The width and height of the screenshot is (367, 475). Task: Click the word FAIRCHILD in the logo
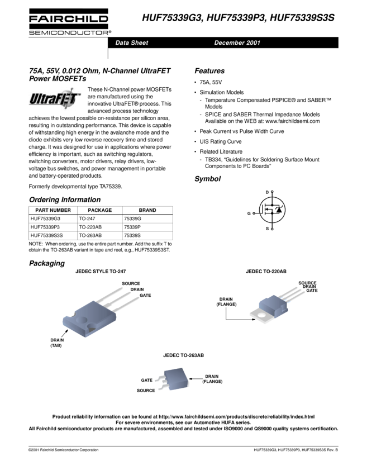[69, 18]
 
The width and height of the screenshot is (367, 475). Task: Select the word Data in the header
[122, 43]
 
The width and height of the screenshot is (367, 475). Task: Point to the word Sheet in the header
[140, 43]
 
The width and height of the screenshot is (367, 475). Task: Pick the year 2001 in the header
[253, 43]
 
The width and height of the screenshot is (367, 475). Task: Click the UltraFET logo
[55, 99]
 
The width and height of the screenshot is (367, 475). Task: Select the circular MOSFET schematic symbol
[272, 210]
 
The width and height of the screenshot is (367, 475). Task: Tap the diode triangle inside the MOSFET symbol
[279, 210]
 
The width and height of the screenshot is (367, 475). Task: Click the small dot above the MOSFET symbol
[272, 192]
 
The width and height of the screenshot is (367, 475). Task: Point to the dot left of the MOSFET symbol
[254, 213]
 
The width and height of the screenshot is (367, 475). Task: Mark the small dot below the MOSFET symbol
[272, 229]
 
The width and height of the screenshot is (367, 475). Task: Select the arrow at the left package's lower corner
[65, 333]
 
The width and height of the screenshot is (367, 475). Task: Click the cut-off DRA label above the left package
[135, 289]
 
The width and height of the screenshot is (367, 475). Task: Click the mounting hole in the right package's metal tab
[260, 319]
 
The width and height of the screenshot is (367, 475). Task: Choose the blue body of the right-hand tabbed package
[277, 305]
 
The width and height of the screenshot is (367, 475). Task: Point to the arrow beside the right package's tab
[251, 321]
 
